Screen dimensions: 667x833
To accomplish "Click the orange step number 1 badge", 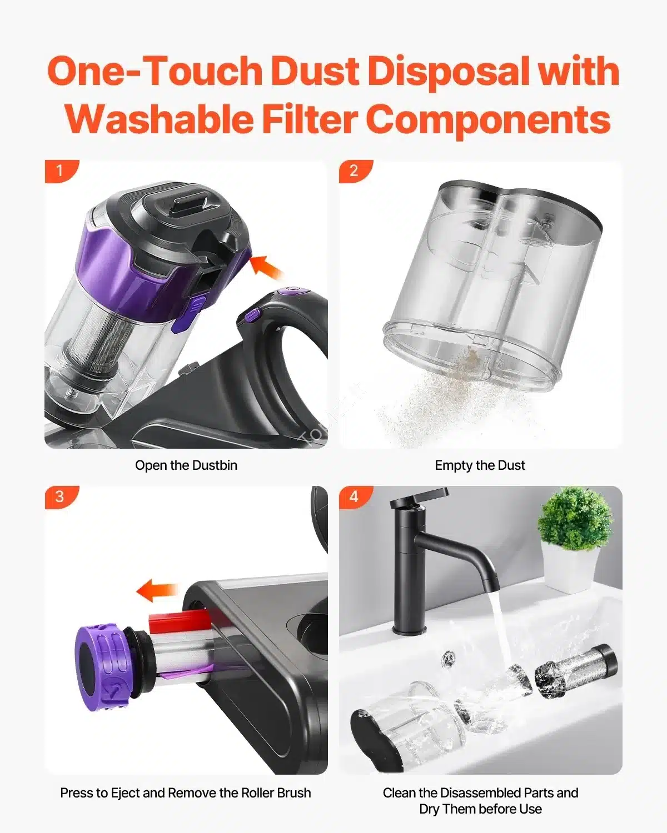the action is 61,170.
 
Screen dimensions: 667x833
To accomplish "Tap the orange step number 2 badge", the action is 355,170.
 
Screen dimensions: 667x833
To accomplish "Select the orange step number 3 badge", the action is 61,496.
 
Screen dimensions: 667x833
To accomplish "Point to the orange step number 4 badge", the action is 355,496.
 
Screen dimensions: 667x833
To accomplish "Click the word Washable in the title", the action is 160,119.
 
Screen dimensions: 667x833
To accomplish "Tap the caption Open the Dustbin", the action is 186,465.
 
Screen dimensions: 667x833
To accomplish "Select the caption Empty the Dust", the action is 480,465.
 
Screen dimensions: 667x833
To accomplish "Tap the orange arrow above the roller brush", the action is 157,590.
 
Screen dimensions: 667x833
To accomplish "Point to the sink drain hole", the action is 449,658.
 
